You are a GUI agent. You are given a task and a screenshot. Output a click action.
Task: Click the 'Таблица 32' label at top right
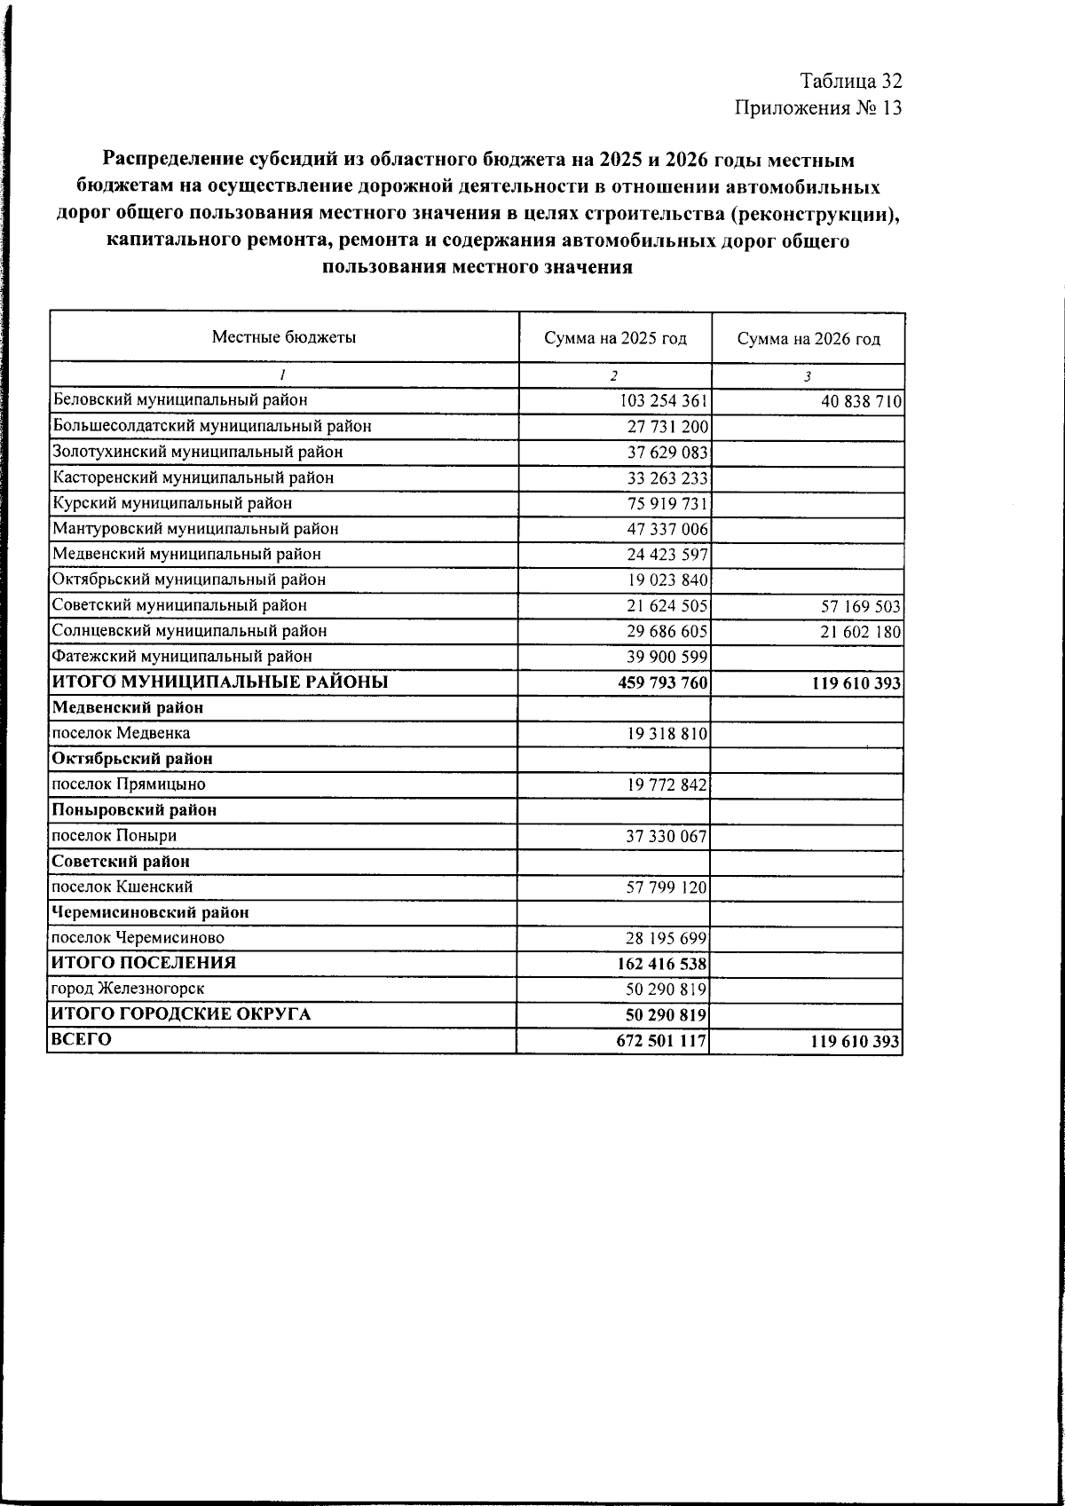pos(851,81)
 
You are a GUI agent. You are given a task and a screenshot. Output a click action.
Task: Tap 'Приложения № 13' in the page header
pos(817,108)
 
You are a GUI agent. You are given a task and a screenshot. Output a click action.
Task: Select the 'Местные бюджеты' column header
pos(283,337)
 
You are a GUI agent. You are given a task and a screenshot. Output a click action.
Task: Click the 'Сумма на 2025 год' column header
pos(615,338)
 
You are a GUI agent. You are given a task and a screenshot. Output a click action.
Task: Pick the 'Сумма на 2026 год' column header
pos(809,338)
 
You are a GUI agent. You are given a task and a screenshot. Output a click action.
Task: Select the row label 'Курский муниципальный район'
pos(172,503)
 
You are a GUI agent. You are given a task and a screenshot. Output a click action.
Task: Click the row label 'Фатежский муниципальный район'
pos(182,657)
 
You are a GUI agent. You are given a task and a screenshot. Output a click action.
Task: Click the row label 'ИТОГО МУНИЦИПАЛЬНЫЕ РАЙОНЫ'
pos(220,682)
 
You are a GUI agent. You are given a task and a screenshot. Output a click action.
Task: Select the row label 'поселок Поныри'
pos(114,836)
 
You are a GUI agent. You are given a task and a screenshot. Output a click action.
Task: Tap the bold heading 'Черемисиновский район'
pos(151,912)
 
